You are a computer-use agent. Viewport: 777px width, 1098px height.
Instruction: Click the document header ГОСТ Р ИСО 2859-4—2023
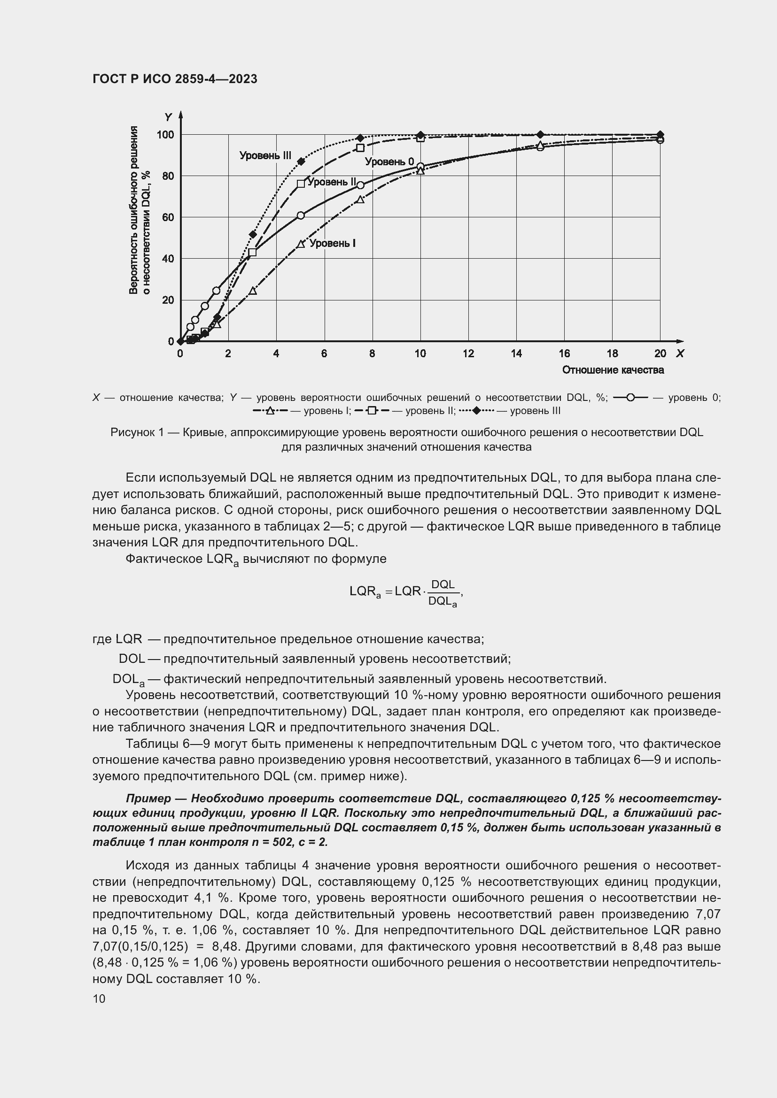coord(175,79)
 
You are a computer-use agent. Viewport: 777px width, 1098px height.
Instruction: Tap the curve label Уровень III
coord(265,155)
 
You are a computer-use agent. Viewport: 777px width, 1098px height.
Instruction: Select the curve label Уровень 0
coord(389,161)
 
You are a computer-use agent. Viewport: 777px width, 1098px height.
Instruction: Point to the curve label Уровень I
coord(332,244)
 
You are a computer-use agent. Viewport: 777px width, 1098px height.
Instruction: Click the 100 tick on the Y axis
coord(165,135)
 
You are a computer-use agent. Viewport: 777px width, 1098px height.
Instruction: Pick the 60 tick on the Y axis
coord(168,218)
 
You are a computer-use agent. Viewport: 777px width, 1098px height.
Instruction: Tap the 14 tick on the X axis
coord(516,353)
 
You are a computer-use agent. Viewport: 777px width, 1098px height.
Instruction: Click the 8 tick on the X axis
coord(372,353)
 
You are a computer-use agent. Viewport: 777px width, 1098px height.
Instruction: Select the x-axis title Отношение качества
coord(613,370)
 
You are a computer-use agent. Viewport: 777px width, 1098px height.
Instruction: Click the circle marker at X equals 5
coord(301,215)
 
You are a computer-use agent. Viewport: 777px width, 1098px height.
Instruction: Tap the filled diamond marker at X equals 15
coord(540,134)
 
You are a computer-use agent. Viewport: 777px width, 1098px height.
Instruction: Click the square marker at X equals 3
coord(253,252)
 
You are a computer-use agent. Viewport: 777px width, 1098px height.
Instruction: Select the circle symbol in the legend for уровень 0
coord(630,398)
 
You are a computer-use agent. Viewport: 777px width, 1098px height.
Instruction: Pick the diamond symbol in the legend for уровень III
coord(476,411)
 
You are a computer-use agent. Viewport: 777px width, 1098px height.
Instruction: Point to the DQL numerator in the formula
coord(443,584)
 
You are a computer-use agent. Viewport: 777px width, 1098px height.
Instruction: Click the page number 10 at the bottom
coord(99,998)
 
